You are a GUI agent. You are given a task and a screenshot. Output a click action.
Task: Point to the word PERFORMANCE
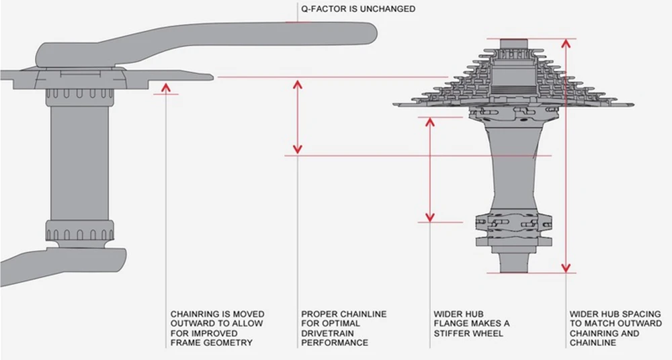point(335,343)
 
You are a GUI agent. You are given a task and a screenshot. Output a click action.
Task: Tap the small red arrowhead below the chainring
point(165,86)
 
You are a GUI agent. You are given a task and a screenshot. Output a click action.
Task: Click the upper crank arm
point(202,37)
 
